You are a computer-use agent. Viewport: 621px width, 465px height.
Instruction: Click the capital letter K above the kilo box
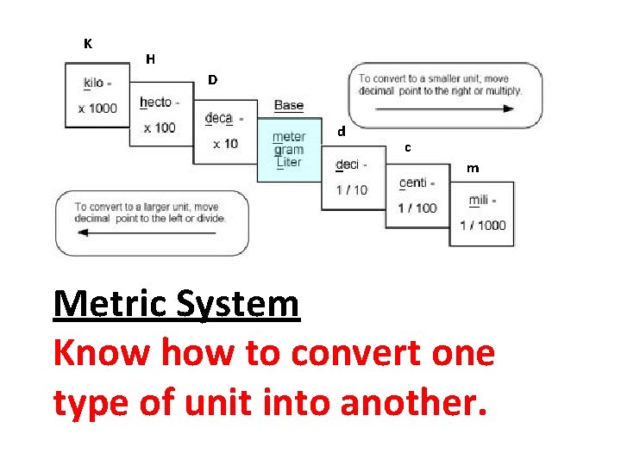[x=88, y=43]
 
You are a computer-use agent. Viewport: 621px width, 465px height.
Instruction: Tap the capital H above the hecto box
[x=151, y=59]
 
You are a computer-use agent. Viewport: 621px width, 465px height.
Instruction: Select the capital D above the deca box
[x=212, y=80]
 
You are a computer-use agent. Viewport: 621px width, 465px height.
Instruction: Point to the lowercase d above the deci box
[x=342, y=133]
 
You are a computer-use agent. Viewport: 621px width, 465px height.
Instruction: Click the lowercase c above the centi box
[x=407, y=148]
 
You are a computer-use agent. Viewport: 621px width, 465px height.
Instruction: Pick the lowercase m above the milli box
[x=473, y=168]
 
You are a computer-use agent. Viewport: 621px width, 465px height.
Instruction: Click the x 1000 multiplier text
[x=97, y=108]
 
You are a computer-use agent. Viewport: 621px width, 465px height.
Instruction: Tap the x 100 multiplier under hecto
[x=160, y=127]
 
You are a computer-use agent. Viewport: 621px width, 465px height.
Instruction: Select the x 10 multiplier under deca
[x=223, y=144]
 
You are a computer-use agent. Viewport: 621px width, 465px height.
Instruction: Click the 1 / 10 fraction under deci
[x=350, y=189]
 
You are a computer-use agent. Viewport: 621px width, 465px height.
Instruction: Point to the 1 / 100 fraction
[x=417, y=208]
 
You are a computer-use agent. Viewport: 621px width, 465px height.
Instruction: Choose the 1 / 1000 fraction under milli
[x=483, y=226]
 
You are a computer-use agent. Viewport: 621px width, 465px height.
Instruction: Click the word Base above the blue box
[x=289, y=105]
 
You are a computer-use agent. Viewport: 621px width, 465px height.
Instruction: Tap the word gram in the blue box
[x=289, y=150]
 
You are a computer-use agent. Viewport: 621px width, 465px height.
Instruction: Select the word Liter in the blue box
[x=289, y=162]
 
